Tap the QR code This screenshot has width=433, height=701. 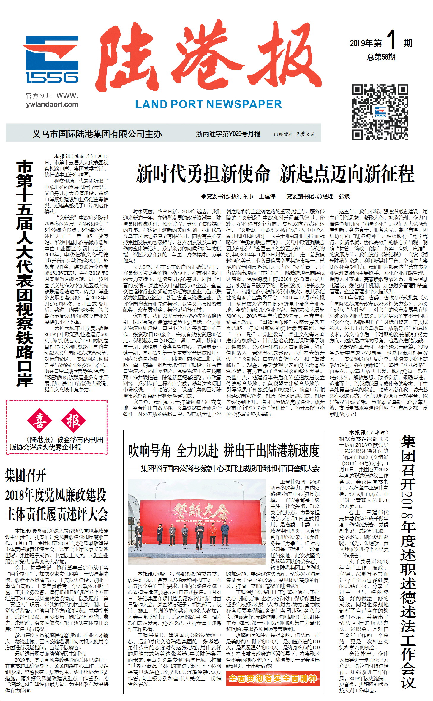(380, 112)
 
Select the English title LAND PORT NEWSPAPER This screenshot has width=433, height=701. (208, 104)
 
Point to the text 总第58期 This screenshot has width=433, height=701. (381, 57)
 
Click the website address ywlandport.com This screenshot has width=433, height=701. (52, 104)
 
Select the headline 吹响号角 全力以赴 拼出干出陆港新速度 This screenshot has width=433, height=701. (224, 451)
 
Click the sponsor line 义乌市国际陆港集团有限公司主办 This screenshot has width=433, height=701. (97, 134)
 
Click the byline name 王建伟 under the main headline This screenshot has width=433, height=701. (267, 196)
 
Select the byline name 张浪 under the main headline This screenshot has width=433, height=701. (344, 196)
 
